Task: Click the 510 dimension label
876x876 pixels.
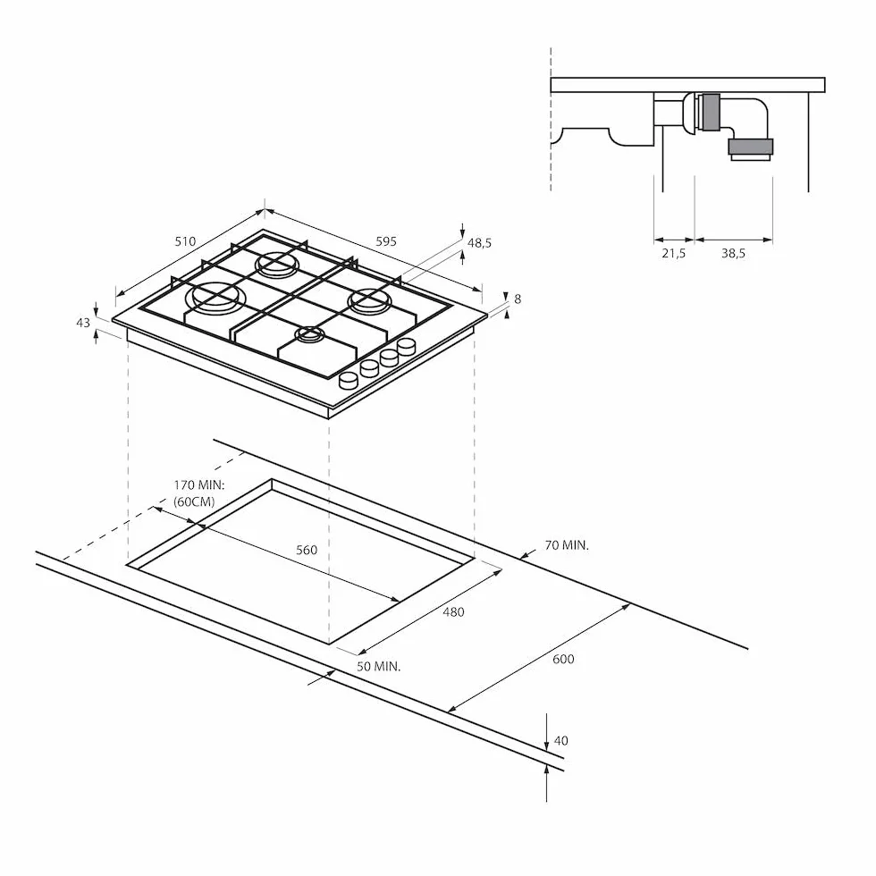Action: point(186,241)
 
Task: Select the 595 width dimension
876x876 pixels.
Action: point(386,241)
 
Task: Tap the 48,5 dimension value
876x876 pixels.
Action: point(479,243)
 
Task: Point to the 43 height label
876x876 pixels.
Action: point(82,323)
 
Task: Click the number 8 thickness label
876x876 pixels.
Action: point(518,299)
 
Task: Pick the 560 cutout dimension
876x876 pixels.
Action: point(307,550)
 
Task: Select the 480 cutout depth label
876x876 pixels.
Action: point(454,611)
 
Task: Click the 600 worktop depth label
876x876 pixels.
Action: point(563,659)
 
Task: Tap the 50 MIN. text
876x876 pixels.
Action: point(379,667)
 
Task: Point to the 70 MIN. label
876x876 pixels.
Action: point(567,544)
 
